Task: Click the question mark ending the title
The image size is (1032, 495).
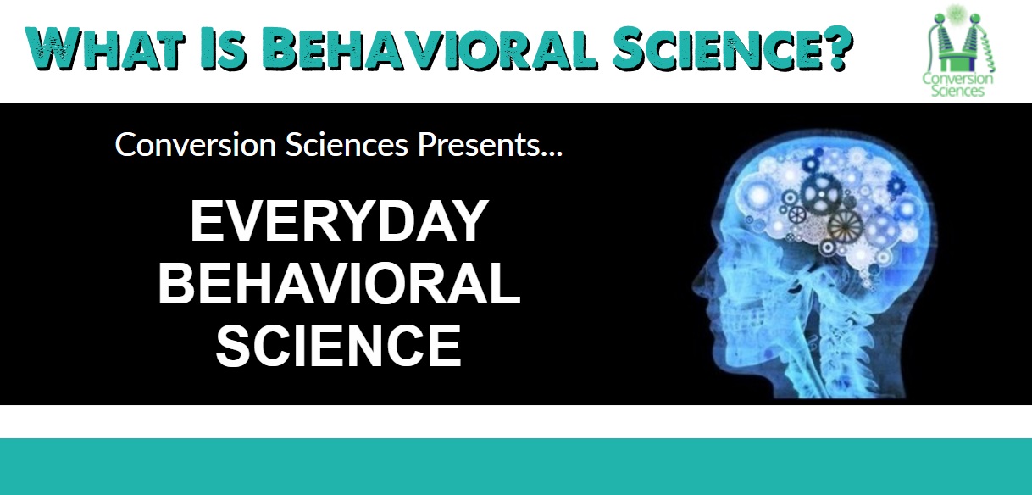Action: pyautogui.click(x=833, y=47)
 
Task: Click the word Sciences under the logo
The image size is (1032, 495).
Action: pyautogui.click(x=957, y=90)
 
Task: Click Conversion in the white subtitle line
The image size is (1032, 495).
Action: pyautogui.click(x=196, y=145)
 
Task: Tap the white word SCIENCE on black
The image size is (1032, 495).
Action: pyautogui.click(x=339, y=346)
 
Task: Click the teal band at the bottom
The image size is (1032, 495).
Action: pyautogui.click(x=516, y=466)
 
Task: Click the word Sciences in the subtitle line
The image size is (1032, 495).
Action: pyautogui.click(x=347, y=145)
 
